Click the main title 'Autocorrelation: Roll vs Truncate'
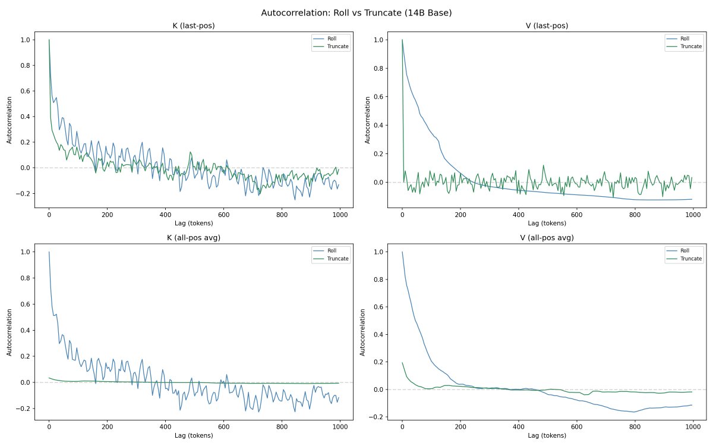356,12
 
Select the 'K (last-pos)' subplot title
195,26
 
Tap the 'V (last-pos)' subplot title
547,26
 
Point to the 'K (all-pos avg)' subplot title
195,238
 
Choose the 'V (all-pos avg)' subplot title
547,238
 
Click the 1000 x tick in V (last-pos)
693,215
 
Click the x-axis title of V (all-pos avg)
547,435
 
